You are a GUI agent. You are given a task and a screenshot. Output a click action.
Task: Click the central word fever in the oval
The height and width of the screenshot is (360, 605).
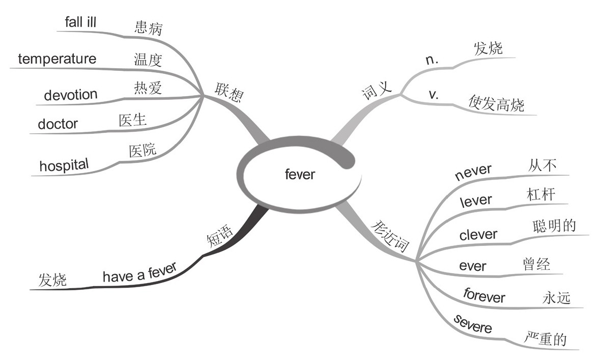(300, 175)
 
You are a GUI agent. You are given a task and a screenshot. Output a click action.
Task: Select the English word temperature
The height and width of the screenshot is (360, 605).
(57, 59)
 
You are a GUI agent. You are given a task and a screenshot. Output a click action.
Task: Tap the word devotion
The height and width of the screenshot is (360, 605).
(71, 94)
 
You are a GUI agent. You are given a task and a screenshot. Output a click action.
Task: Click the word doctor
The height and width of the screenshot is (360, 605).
(58, 124)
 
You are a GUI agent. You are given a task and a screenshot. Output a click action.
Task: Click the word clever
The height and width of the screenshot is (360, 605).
(478, 235)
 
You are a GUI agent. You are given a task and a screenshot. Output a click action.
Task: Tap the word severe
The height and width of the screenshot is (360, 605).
(473, 324)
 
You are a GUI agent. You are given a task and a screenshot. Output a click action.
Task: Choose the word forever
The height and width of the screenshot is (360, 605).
(484, 295)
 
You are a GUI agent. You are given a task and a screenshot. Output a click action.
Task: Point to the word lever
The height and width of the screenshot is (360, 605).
(476, 201)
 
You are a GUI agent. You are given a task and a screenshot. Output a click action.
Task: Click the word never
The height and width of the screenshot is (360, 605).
(473, 171)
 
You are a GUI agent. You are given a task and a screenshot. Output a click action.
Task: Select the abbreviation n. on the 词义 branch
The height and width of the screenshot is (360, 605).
(432, 60)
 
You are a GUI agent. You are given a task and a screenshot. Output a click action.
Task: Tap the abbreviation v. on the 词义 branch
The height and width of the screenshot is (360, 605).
(434, 95)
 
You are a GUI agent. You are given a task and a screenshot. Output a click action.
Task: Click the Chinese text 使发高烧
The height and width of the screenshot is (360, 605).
(496, 104)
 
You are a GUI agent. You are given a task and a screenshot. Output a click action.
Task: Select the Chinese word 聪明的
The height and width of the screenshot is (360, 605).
(554, 226)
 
